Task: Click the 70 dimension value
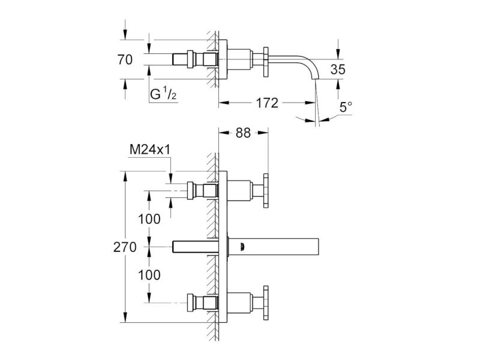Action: pos(125,59)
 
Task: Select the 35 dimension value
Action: pos(338,70)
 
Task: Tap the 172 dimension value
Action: pos(267,103)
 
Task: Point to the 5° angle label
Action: pos(346,107)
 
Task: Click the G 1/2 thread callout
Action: pos(163,94)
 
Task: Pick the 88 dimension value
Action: pos(243,133)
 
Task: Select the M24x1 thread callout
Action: pos(150,149)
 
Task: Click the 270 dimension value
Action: pos(125,247)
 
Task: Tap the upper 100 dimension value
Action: pos(149,219)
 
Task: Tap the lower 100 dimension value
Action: pos(149,275)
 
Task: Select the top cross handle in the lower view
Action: pos(266,191)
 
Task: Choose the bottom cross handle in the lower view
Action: pos(266,303)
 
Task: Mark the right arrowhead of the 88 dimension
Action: pos(263,133)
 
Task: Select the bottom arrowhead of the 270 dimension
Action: pos(125,317)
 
